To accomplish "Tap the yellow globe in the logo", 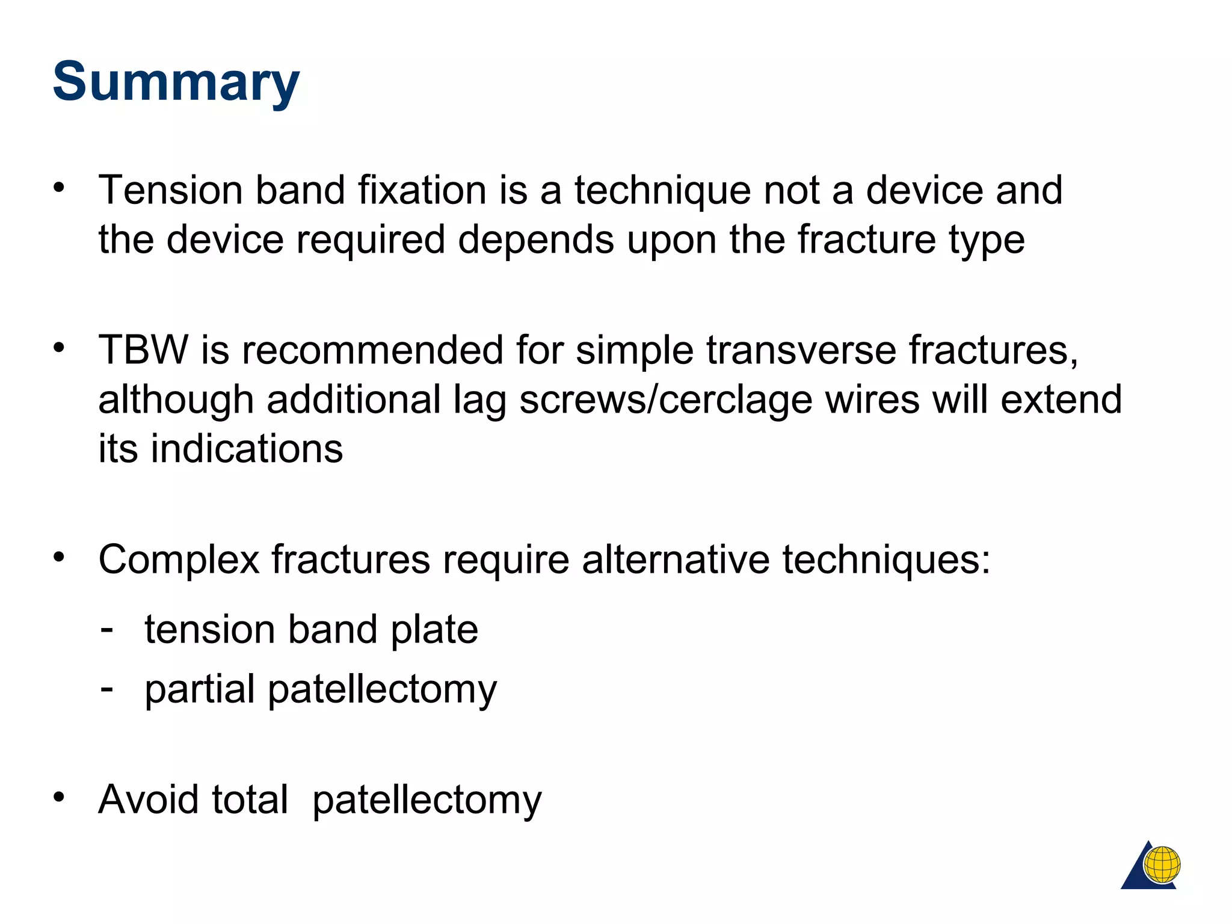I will tap(1162, 864).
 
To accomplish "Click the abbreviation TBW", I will tap(143, 350).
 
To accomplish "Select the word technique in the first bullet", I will tap(662, 191).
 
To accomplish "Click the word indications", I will tap(246, 449).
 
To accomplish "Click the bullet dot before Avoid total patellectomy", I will tap(58, 797).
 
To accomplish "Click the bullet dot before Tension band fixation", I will tap(58, 188).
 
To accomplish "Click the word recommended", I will tap(372, 350).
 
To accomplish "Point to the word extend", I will tap(1061, 399).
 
